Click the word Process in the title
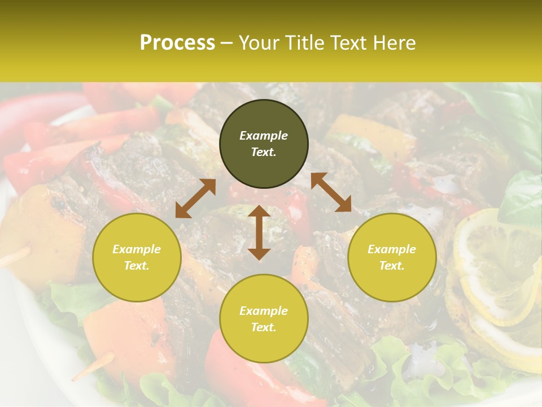click(177, 43)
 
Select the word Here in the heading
click(395, 43)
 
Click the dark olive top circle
click(264, 144)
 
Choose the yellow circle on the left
click(137, 257)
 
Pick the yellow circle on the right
click(392, 257)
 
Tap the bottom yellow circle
click(264, 318)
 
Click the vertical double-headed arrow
click(259, 232)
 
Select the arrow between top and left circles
click(195, 198)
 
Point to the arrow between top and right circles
click(331, 192)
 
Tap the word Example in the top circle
click(264, 136)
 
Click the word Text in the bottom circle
click(264, 327)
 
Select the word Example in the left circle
click(137, 249)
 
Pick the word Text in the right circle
click(392, 266)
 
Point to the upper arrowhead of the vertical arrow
click(259, 211)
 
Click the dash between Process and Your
click(226, 43)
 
